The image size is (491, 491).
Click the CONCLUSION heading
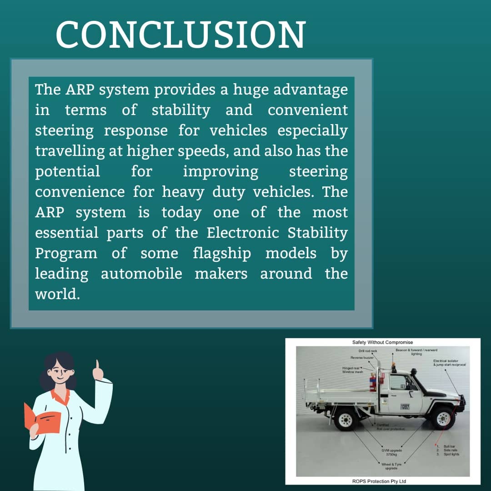coord(180,35)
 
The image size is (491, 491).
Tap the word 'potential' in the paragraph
coord(67,171)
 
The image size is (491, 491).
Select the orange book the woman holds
coord(43,417)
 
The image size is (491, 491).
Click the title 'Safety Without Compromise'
coord(382,342)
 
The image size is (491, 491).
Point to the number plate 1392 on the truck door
coord(405,406)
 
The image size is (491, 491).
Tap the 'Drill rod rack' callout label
coord(367,351)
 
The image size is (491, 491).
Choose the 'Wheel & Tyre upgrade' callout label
coord(391,466)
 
